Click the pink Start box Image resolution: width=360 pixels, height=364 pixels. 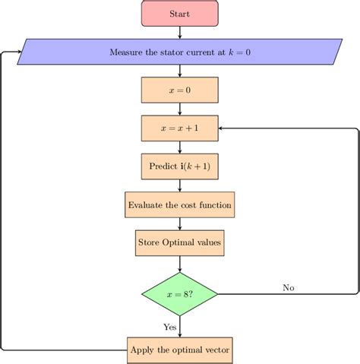pyautogui.click(x=179, y=14)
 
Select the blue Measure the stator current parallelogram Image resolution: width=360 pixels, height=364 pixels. pyautogui.click(x=179, y=52)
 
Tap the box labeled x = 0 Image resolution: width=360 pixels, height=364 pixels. pyautogui.click(x=179, y=90)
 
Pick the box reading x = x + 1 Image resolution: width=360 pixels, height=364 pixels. pyautogui.click(x=179, y=128)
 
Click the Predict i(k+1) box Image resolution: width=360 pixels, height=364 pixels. pyautogui.click(x=179, y=166)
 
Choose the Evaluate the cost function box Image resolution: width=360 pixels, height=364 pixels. pyautogui.click(x=179, y=204)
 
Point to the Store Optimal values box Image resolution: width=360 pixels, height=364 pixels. pyautogui.click(x=179, y=242)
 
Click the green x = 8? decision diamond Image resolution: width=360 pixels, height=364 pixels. pyautogui.click(x=179, y=293)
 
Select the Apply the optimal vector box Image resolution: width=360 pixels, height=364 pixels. pyautogui.click(x=179, y=350)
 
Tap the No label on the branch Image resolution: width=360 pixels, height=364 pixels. pyautogui.click(x=289, y=287)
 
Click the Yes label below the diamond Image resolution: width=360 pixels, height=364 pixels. pyautogui.click(x=169, y=326)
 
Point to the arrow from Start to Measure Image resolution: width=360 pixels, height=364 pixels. pyautogui.click(x=179, y=33)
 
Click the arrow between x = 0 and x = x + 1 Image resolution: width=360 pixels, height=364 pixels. pyautogui.click(x=179, y=109)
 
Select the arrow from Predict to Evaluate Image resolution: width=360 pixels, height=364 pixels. pyautogui.click(x=179, y=185)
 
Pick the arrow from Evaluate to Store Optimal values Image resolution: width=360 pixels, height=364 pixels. pyautogui.click(x=179, y=223)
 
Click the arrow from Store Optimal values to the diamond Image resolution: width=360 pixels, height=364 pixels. pyautogui.click(x=179, y=264)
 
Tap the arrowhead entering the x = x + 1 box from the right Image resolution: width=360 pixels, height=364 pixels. pyautogui.click(x=222, y=128)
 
